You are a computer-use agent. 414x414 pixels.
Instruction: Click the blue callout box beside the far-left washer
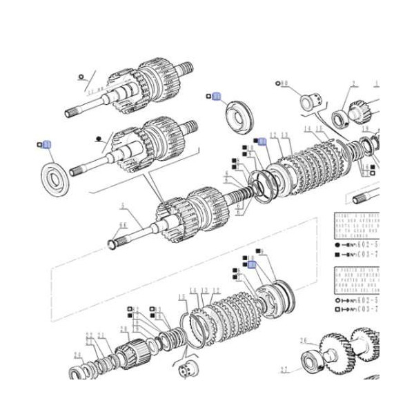coord(46,145)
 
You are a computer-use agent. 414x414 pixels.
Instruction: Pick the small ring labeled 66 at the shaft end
coord(112,243)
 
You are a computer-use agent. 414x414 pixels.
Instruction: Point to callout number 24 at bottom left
coord(77,357)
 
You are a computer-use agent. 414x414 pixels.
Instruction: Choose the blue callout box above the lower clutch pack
coord(252,264)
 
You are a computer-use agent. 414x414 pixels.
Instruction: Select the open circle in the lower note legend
coord(336,300)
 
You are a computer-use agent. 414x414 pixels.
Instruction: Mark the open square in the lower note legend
coord(336,311)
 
